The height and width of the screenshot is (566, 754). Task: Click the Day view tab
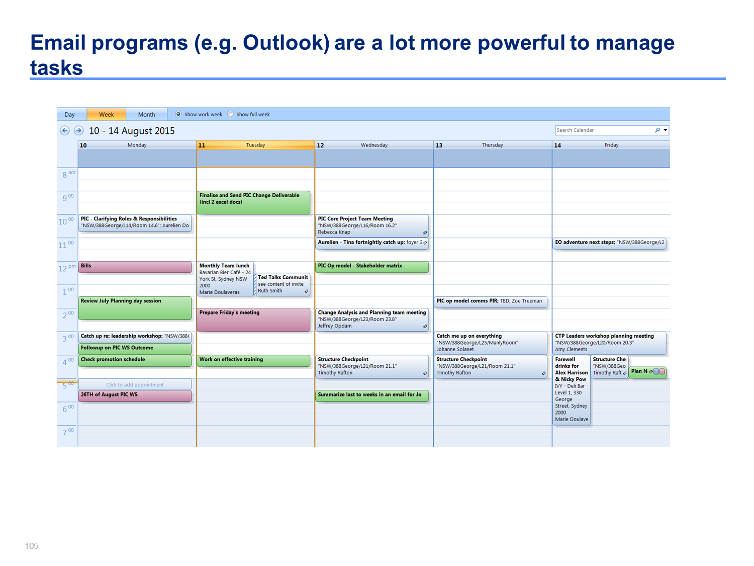[69, 114]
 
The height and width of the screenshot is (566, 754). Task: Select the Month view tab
[146, 114]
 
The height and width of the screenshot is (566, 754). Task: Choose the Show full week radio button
[231, 114]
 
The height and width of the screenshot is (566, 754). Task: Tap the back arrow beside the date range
[64, 131]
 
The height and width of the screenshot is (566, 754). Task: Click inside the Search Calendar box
[604, 130]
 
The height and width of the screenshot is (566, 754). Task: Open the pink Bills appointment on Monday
[135, 267]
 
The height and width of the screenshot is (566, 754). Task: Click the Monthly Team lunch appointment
[225, 279]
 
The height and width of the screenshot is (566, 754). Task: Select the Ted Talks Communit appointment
[282, 284]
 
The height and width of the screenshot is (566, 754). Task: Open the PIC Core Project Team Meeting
[372, 226]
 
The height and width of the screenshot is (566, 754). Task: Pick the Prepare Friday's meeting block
[253, 319]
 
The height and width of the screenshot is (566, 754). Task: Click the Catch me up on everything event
[491, 343]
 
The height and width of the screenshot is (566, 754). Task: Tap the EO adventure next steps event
[609, 244]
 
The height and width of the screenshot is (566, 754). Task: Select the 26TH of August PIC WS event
[135, 396]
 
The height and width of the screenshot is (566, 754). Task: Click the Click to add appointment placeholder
[135, 384]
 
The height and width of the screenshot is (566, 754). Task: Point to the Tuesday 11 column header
[255, 145]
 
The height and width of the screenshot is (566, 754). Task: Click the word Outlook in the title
[286, 43]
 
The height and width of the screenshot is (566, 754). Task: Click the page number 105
[31, 546]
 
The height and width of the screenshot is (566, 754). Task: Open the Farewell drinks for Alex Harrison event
[571, 390]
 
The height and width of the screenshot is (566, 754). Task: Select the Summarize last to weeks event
[372, 396]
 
